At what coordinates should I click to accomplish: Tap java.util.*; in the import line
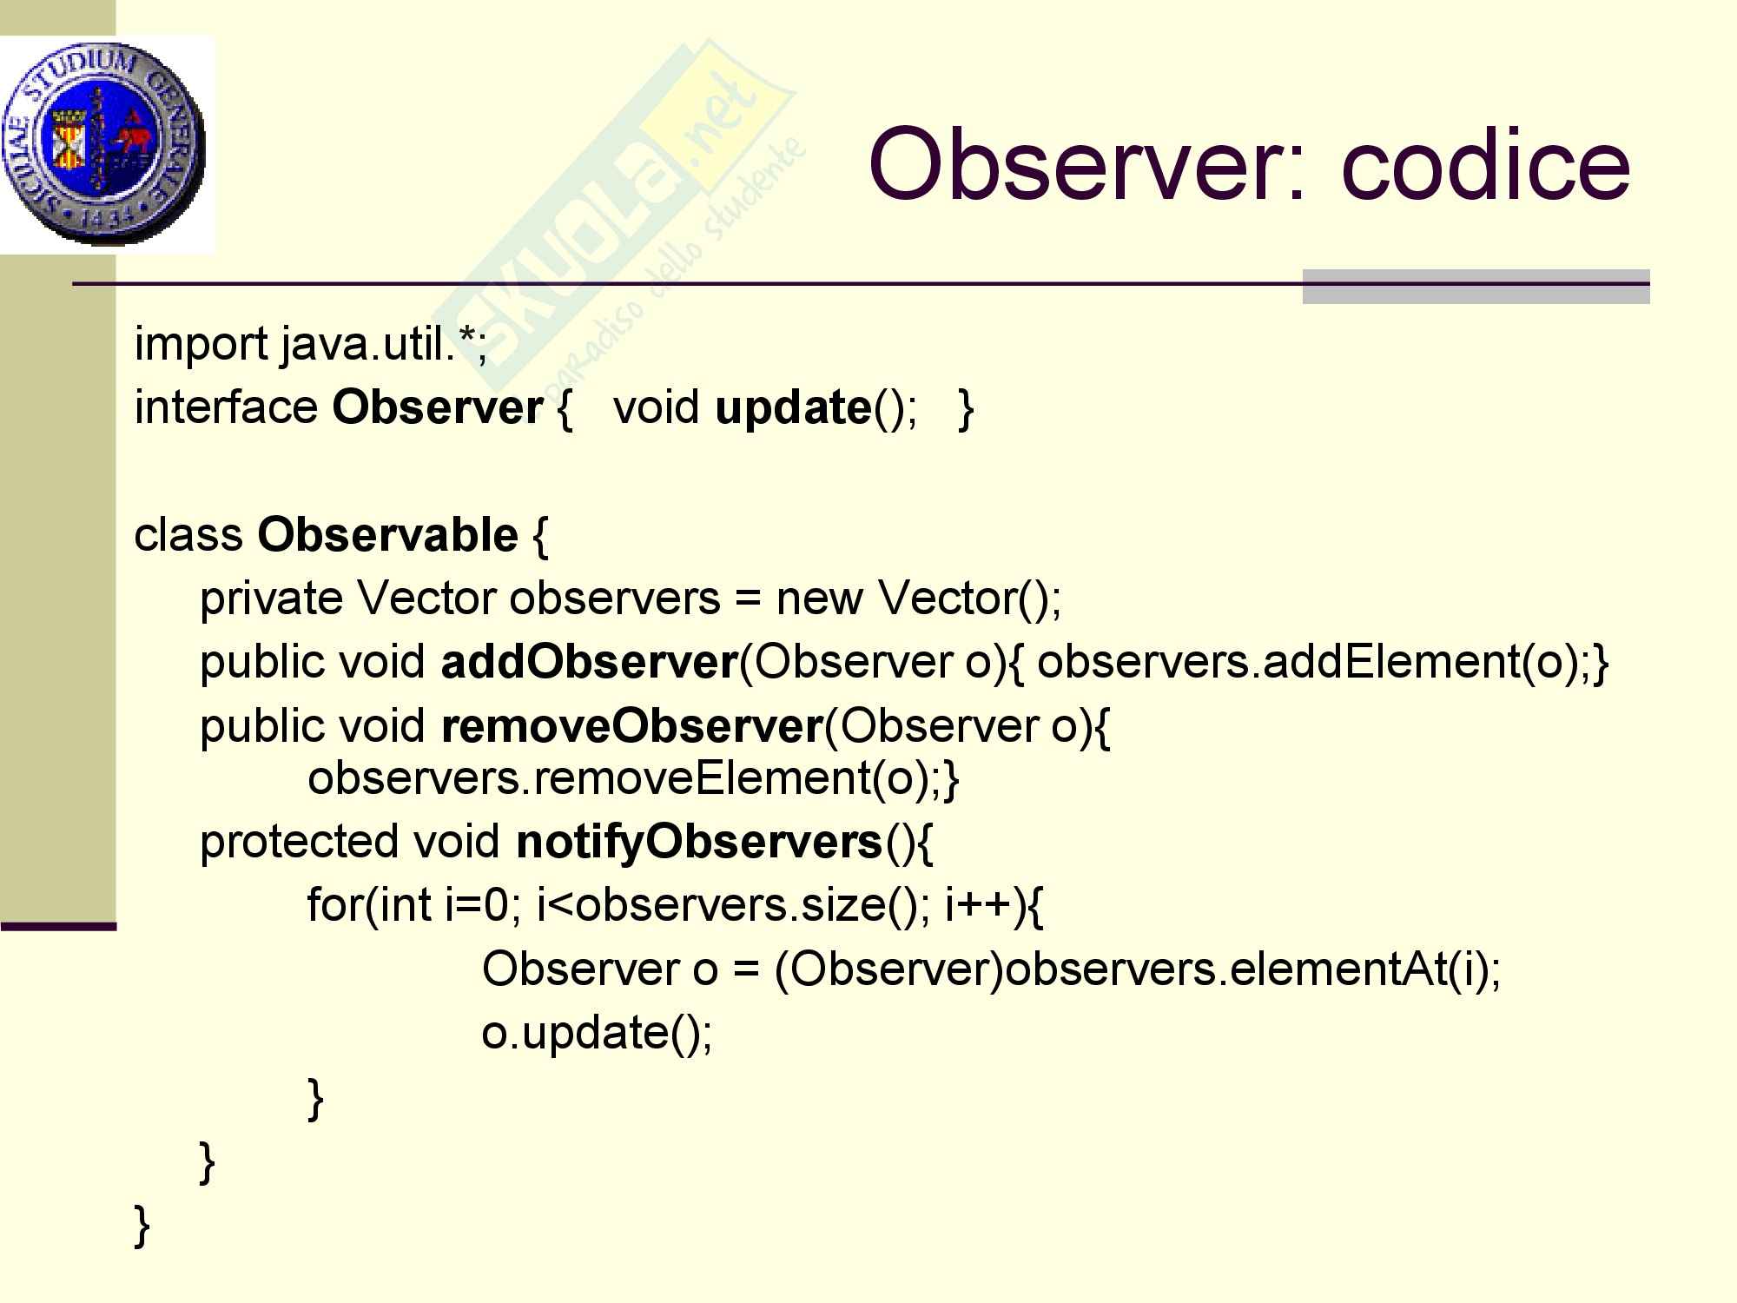(384, 345)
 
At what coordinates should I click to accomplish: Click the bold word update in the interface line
(793, 408)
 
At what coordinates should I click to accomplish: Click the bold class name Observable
(387, 533)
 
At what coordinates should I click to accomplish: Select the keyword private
(272, 599)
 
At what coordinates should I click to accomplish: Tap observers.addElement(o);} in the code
(1324, 662)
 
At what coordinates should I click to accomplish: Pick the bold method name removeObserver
(631, 725)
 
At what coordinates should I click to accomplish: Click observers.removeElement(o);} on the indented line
(634, 778)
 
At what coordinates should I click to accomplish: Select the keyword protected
(300, 843)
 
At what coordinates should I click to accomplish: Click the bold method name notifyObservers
(699, 843)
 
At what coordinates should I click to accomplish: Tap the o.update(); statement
(598, 1033)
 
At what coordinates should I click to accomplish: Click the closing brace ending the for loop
(316, 1098)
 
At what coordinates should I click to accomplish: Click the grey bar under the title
(1476, 287)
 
